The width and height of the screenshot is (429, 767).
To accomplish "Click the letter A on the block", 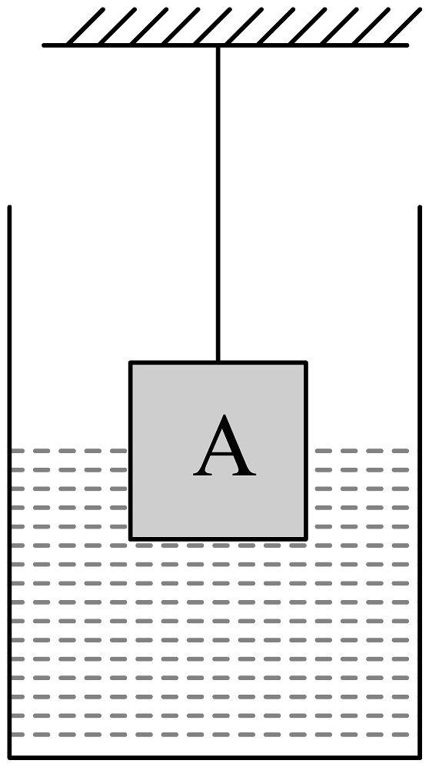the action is [224, 445].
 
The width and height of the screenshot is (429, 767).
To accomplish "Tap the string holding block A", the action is [218, 204].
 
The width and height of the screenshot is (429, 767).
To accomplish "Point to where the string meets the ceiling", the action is [218, 46].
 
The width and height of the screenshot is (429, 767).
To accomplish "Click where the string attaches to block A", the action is [218, 362].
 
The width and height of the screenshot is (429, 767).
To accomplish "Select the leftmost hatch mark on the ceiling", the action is [86, 26].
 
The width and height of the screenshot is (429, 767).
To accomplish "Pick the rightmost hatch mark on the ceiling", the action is [403, 26].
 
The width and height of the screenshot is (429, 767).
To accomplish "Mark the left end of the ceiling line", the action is [44, 45].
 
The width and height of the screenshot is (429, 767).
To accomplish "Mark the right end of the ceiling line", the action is [407, 45].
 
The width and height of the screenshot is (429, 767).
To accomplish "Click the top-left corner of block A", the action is [130, 362].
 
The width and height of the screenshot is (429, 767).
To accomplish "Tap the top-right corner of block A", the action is [306, 362].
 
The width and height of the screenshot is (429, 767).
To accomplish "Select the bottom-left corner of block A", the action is [130, 539].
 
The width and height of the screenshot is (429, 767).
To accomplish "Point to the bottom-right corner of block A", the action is [306, 539].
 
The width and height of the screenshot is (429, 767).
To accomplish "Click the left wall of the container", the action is [9, 482].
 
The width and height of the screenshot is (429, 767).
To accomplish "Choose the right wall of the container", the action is [420, 482].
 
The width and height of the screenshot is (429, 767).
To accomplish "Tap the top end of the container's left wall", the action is [9, 207].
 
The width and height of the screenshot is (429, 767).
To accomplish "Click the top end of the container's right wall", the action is [420, 207].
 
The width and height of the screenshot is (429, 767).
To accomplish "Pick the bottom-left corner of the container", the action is [9, 758].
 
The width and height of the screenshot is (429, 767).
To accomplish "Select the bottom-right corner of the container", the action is [420, 758].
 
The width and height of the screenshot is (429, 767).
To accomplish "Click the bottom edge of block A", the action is [218, 539].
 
